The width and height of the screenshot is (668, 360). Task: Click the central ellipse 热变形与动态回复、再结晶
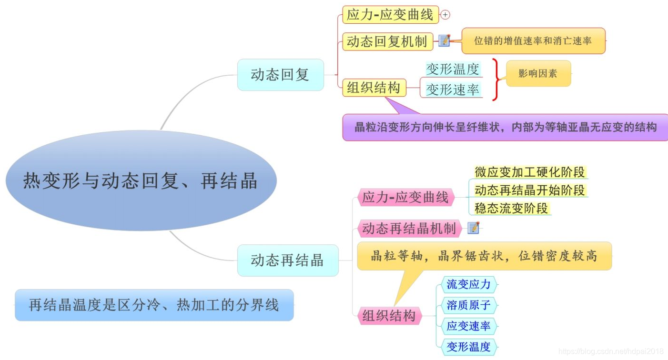[141, 181]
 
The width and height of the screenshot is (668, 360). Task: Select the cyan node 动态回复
[280, 75]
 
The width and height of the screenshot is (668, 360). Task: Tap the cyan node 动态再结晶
[287, 260]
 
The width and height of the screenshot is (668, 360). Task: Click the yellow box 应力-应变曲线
[390, 15]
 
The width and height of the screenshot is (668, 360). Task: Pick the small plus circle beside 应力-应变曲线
[445, 15]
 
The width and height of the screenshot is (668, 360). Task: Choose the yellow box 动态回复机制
[387, 41]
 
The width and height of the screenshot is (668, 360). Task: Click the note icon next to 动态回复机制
[444, 40]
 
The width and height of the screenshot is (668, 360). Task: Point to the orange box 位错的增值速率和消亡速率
[533, 41]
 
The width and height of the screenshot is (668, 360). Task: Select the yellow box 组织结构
[374, 88]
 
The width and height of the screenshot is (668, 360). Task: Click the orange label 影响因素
[538, 73]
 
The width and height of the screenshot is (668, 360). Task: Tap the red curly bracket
[496, 80]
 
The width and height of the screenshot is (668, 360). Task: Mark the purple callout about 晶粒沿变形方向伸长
[505, 127]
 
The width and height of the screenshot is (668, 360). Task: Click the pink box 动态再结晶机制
[409, 229]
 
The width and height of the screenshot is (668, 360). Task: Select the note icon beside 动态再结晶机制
[473, 228]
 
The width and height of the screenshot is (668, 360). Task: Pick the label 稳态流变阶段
[511, 208]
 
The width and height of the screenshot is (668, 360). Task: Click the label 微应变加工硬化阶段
[529, 171]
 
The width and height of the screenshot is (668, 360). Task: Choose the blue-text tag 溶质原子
[468, 305]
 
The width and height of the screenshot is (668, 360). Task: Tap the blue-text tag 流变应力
[468, 285]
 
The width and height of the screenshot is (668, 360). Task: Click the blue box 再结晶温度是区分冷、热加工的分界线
[154, 305]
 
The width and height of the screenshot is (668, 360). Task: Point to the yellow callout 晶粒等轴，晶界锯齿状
[484, 256]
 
